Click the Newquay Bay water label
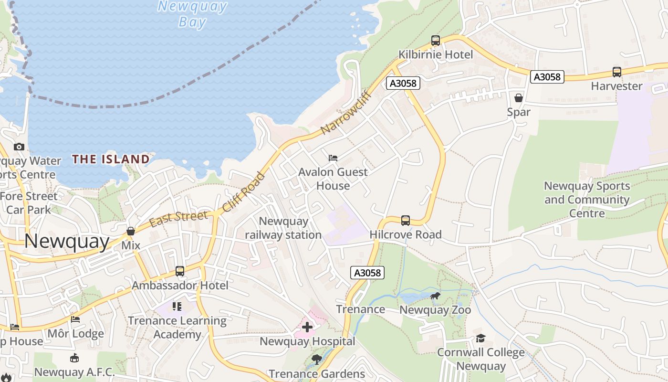192,14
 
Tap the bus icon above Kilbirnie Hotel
435,41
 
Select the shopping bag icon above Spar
518,98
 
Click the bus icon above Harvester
616,72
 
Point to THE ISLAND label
111,159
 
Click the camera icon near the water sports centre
19,147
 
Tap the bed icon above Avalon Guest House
333,158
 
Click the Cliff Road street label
243,192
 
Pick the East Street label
178,219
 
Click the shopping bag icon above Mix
130,231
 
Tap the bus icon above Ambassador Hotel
179,271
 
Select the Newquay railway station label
283,228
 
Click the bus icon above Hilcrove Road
405,220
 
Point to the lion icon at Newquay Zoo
435,297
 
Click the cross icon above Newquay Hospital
307,327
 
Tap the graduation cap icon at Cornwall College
480,338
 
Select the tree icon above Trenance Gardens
316,359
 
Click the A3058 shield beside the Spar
547,76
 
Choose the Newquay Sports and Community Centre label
587,199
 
